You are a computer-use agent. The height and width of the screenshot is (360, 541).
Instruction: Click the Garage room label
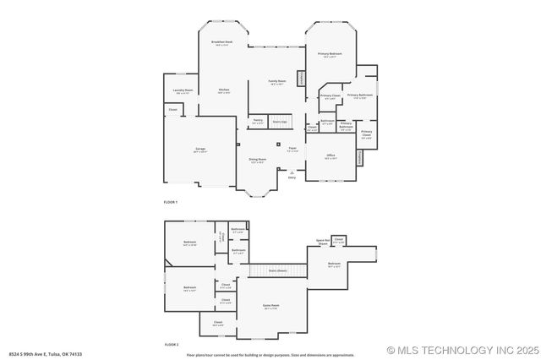[x=200, y=150]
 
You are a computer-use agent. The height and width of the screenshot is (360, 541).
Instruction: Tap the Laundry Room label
[x=183, y=90]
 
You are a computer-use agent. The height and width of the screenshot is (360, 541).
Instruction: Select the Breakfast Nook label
[x=222, y=42]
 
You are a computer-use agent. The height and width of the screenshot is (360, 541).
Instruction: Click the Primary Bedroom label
[x=330, y=55]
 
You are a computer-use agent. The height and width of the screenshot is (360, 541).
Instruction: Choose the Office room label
[x=331, y=156]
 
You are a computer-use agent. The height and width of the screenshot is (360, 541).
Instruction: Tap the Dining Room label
[x=258, y=160]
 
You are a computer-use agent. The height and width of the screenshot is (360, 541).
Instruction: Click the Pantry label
[x=257, y=121]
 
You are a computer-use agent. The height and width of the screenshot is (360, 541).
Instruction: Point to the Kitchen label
[x=224, y=90]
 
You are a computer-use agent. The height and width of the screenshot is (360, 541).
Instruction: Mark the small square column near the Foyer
[x=277, y=144]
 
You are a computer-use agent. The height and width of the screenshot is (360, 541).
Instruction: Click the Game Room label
[x=271, y=306]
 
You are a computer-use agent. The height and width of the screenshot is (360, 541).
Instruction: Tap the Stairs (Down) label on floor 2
[x=277, y=270]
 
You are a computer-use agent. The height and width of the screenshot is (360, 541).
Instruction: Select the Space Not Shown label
[x=322, y=242]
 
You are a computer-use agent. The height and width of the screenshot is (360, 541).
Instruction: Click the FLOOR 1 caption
[x=171, y=203]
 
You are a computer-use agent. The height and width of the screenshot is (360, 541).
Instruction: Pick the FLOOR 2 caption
[x=171, y=345]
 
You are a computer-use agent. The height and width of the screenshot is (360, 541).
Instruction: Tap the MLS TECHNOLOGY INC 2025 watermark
[x=462, y=350]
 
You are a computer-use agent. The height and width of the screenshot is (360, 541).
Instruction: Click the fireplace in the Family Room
[x=301, y=78]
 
